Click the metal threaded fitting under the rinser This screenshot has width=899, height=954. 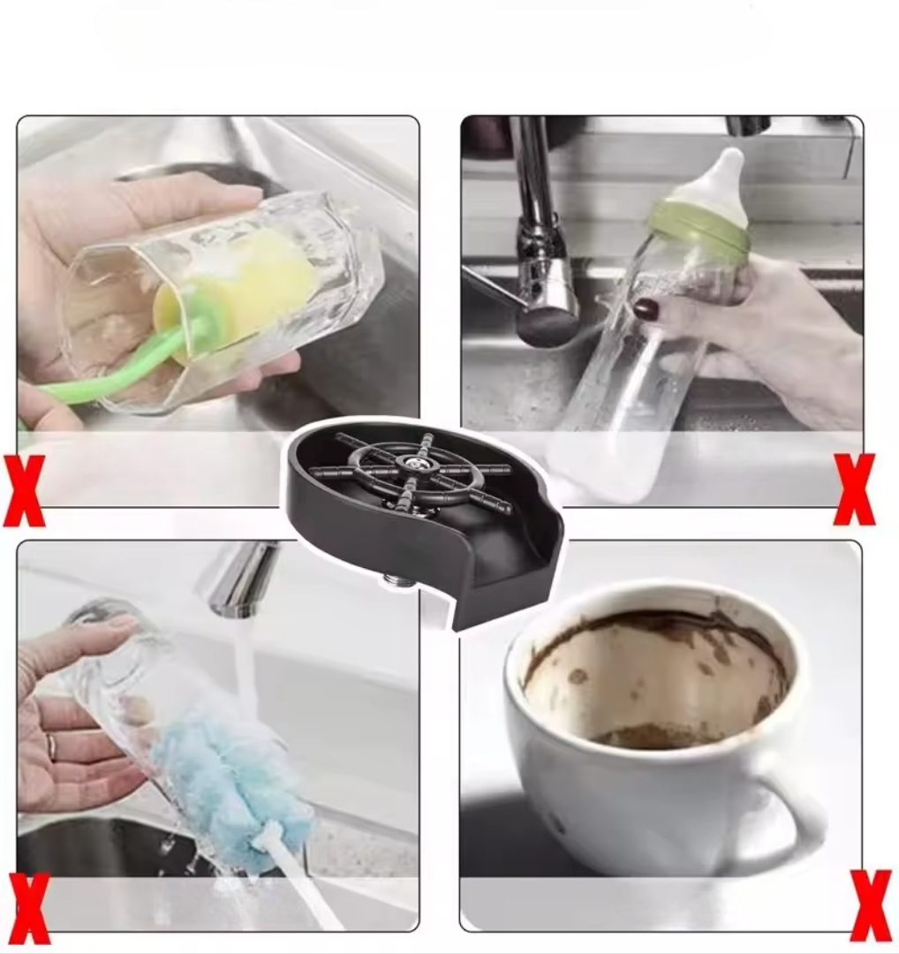click(x=398, y=583)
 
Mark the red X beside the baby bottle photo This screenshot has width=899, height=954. click(x=855, y=489)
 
